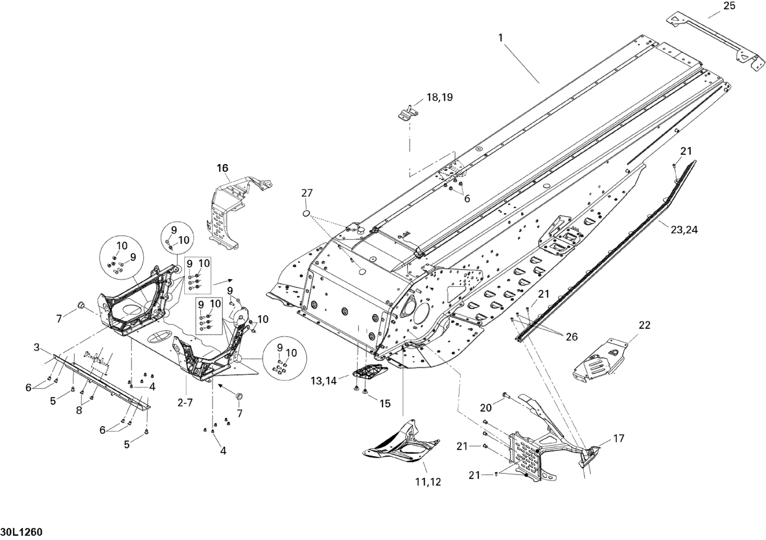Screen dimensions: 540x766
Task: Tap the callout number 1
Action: (500, 38)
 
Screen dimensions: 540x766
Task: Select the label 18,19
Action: (440, 98)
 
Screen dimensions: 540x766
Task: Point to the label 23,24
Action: (684, 230)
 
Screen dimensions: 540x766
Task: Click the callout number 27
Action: (307, 193)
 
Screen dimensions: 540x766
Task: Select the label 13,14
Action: (323, 381)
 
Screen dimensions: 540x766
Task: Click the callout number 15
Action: (385, 404)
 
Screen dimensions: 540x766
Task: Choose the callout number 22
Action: (644, 325)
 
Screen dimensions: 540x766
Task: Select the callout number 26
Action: (571, 337)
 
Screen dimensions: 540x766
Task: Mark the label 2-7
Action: (185, 403)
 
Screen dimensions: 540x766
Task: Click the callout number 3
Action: (37, 347)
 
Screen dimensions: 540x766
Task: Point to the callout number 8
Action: (79, 410)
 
